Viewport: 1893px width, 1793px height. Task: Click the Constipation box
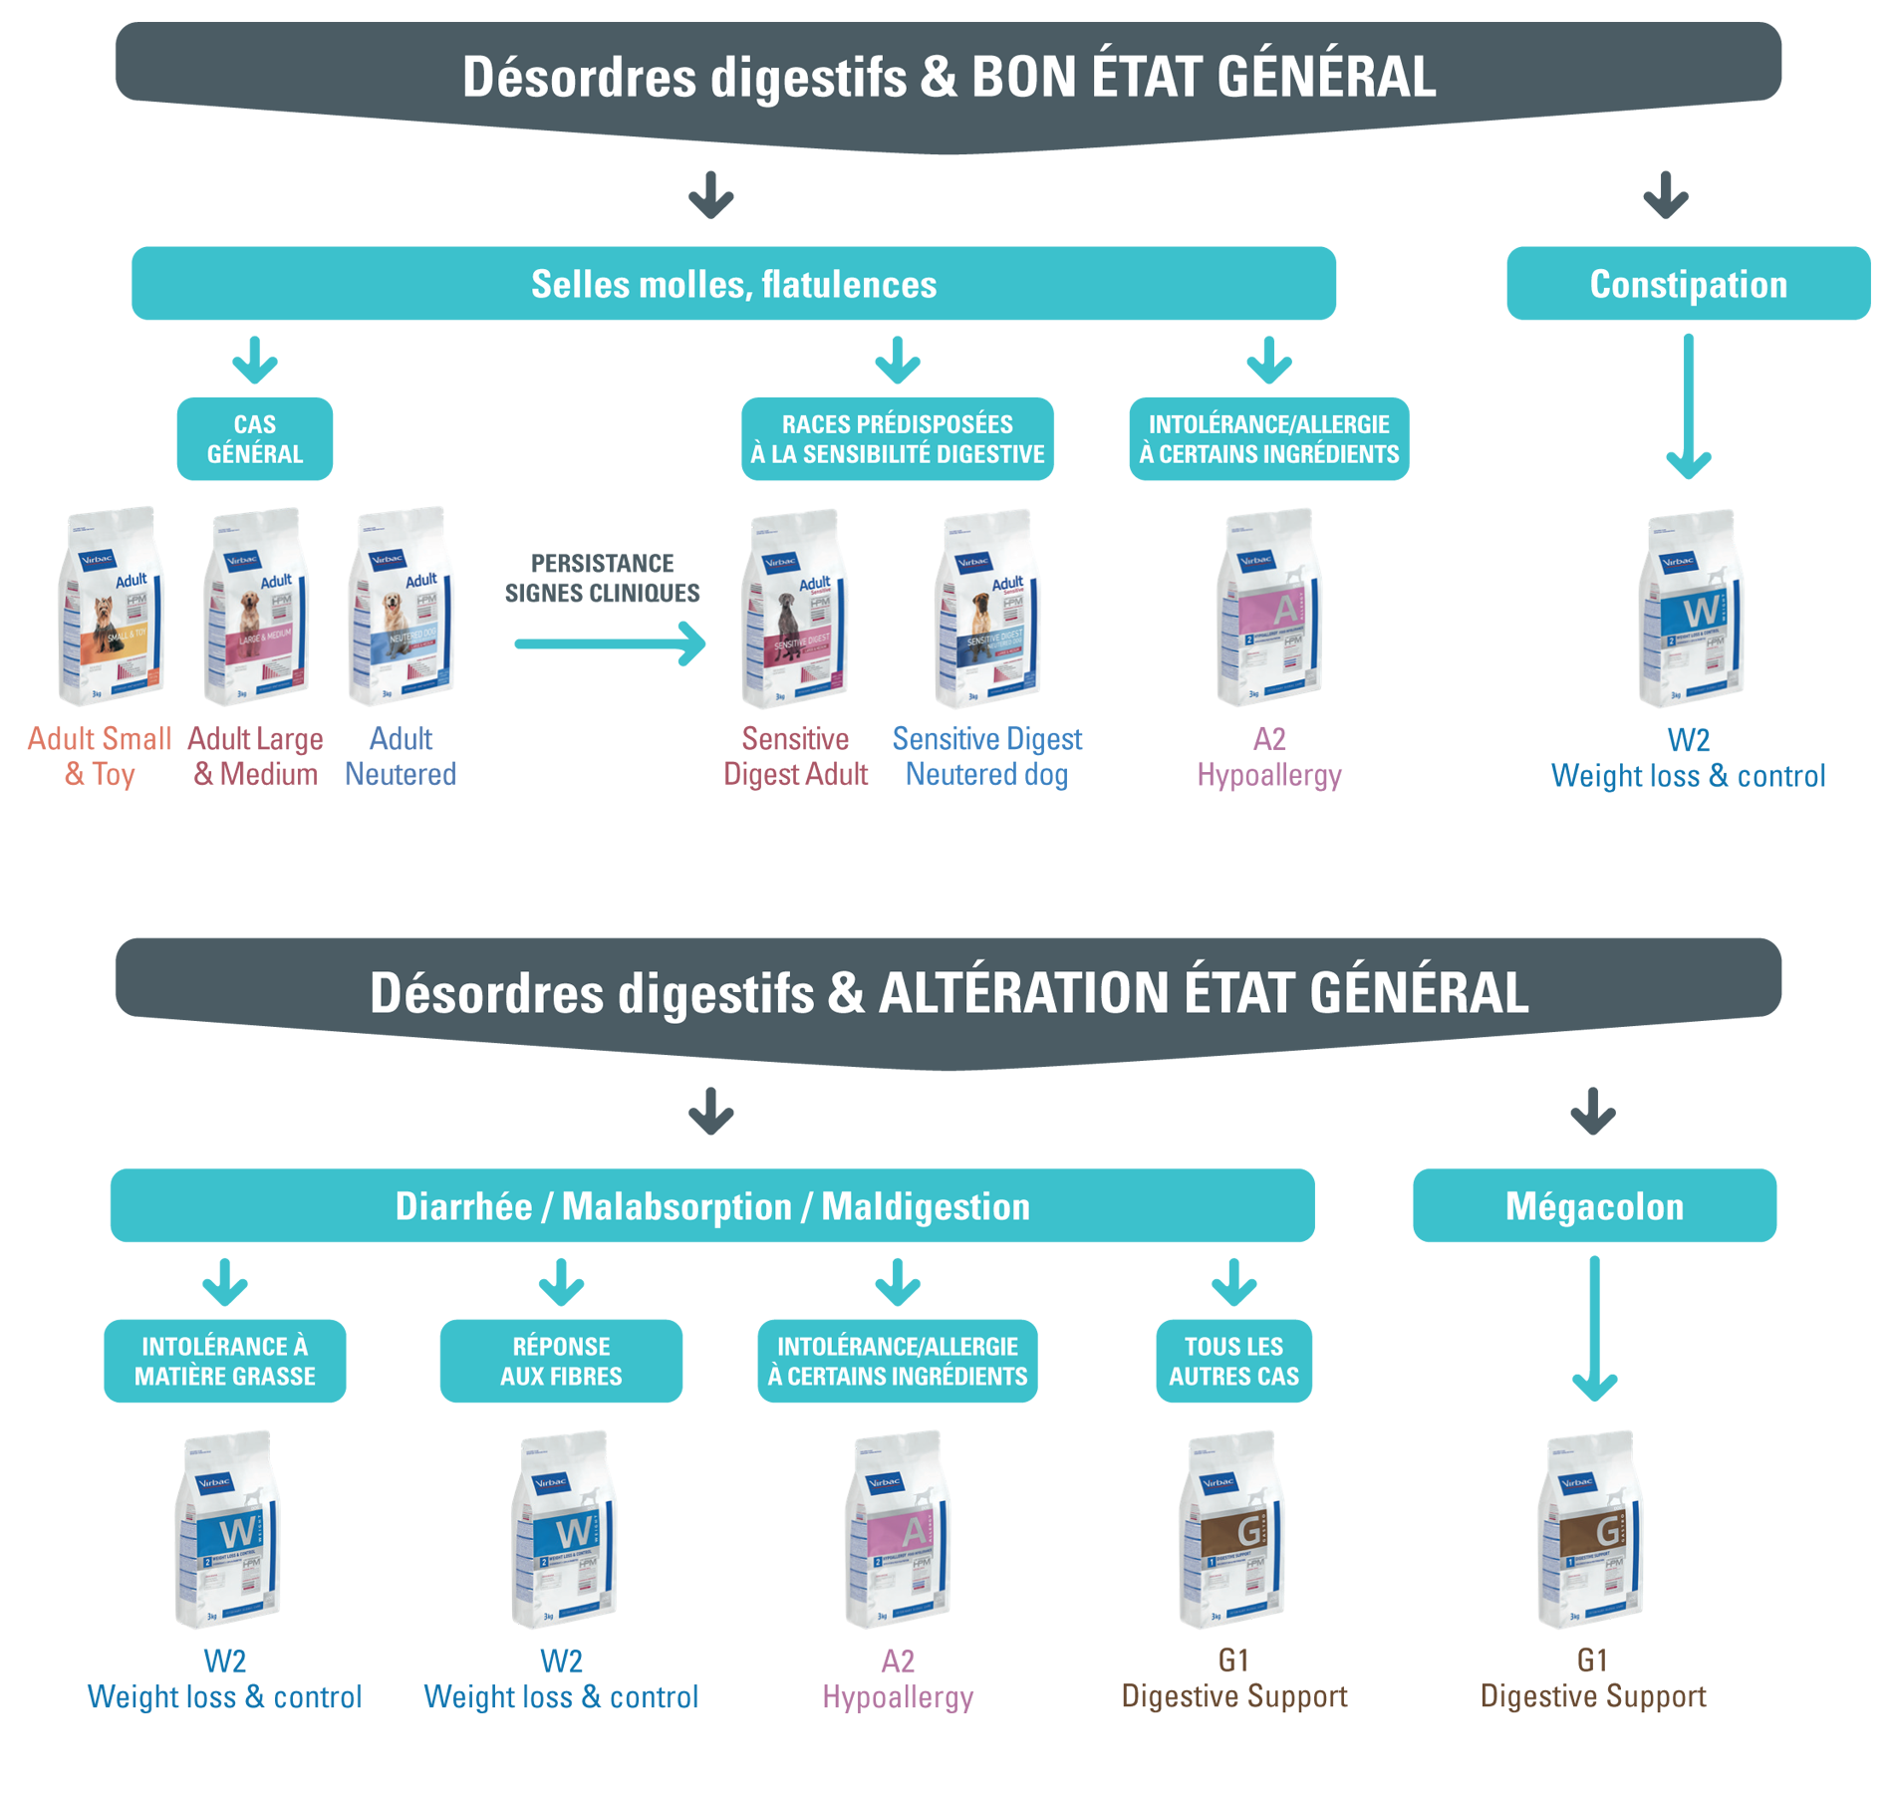pyautogui.click(x=1687, y=284)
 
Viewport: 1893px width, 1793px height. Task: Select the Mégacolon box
pyautogui.click(x=1593, y=1205)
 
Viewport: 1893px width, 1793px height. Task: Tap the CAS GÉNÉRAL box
pyautogui.click(x=254, y=438)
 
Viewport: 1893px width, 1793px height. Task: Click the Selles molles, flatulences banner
pyautogui.click(x=733, y=284)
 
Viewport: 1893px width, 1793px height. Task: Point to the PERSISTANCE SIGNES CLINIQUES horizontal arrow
pyautogui.click(x=609, y=643)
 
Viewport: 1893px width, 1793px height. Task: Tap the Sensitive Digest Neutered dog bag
pyautogui.click(x=986, y=608)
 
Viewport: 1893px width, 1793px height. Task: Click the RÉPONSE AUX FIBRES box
pyautogui.click(x=561, y=1361)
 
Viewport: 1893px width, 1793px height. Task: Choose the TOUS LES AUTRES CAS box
pyautogui.click(x=1232, y=1361)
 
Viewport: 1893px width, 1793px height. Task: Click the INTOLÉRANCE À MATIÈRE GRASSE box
pyautogui.click(x=224, y=1361)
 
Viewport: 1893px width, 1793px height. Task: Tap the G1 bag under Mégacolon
pyautogui.click(x=1591, y=1529)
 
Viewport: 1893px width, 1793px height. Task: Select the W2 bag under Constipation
pyautogui.click(x=1690, y=608)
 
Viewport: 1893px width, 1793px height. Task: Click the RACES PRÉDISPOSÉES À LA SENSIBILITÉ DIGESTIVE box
pyautogui.click(x=897, y=438)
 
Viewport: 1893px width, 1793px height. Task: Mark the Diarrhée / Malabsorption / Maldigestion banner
pyautogui.click(x=712, y=1205)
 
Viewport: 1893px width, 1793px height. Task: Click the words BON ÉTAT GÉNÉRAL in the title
pyautogui.click(x=1203, y=78)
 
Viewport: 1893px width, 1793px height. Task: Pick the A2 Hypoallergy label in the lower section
pyautogui.click(x=897, y=1678)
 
